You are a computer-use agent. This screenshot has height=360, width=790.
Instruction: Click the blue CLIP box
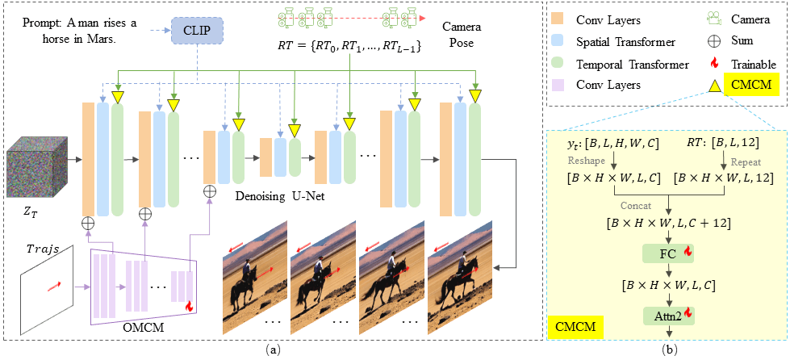tap(197, 31)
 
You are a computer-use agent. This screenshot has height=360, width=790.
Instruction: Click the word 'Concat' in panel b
tap(637, 204)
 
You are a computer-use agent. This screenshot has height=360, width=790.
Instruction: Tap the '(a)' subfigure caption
tap(272, 350)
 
